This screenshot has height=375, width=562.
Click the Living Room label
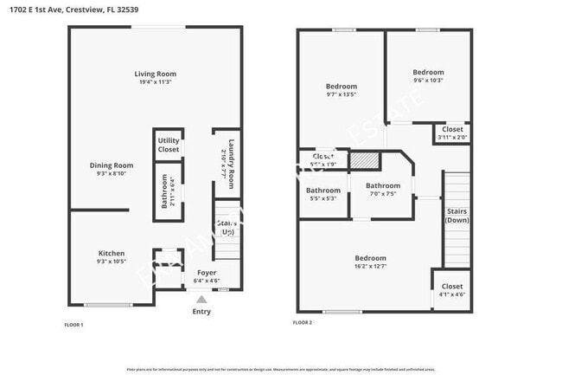155,74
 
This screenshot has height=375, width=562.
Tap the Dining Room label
111,165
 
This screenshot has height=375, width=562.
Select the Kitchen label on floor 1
111,253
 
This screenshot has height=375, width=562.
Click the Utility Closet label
169,145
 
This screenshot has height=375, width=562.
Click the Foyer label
207,272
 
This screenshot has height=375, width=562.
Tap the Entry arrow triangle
201,300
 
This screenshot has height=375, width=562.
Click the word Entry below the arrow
201,312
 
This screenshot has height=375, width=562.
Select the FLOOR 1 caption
74,325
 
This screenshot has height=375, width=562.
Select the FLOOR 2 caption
303,322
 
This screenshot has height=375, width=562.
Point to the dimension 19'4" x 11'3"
155,82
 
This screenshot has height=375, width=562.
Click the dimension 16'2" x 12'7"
369,267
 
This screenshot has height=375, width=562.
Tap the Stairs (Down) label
457,216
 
